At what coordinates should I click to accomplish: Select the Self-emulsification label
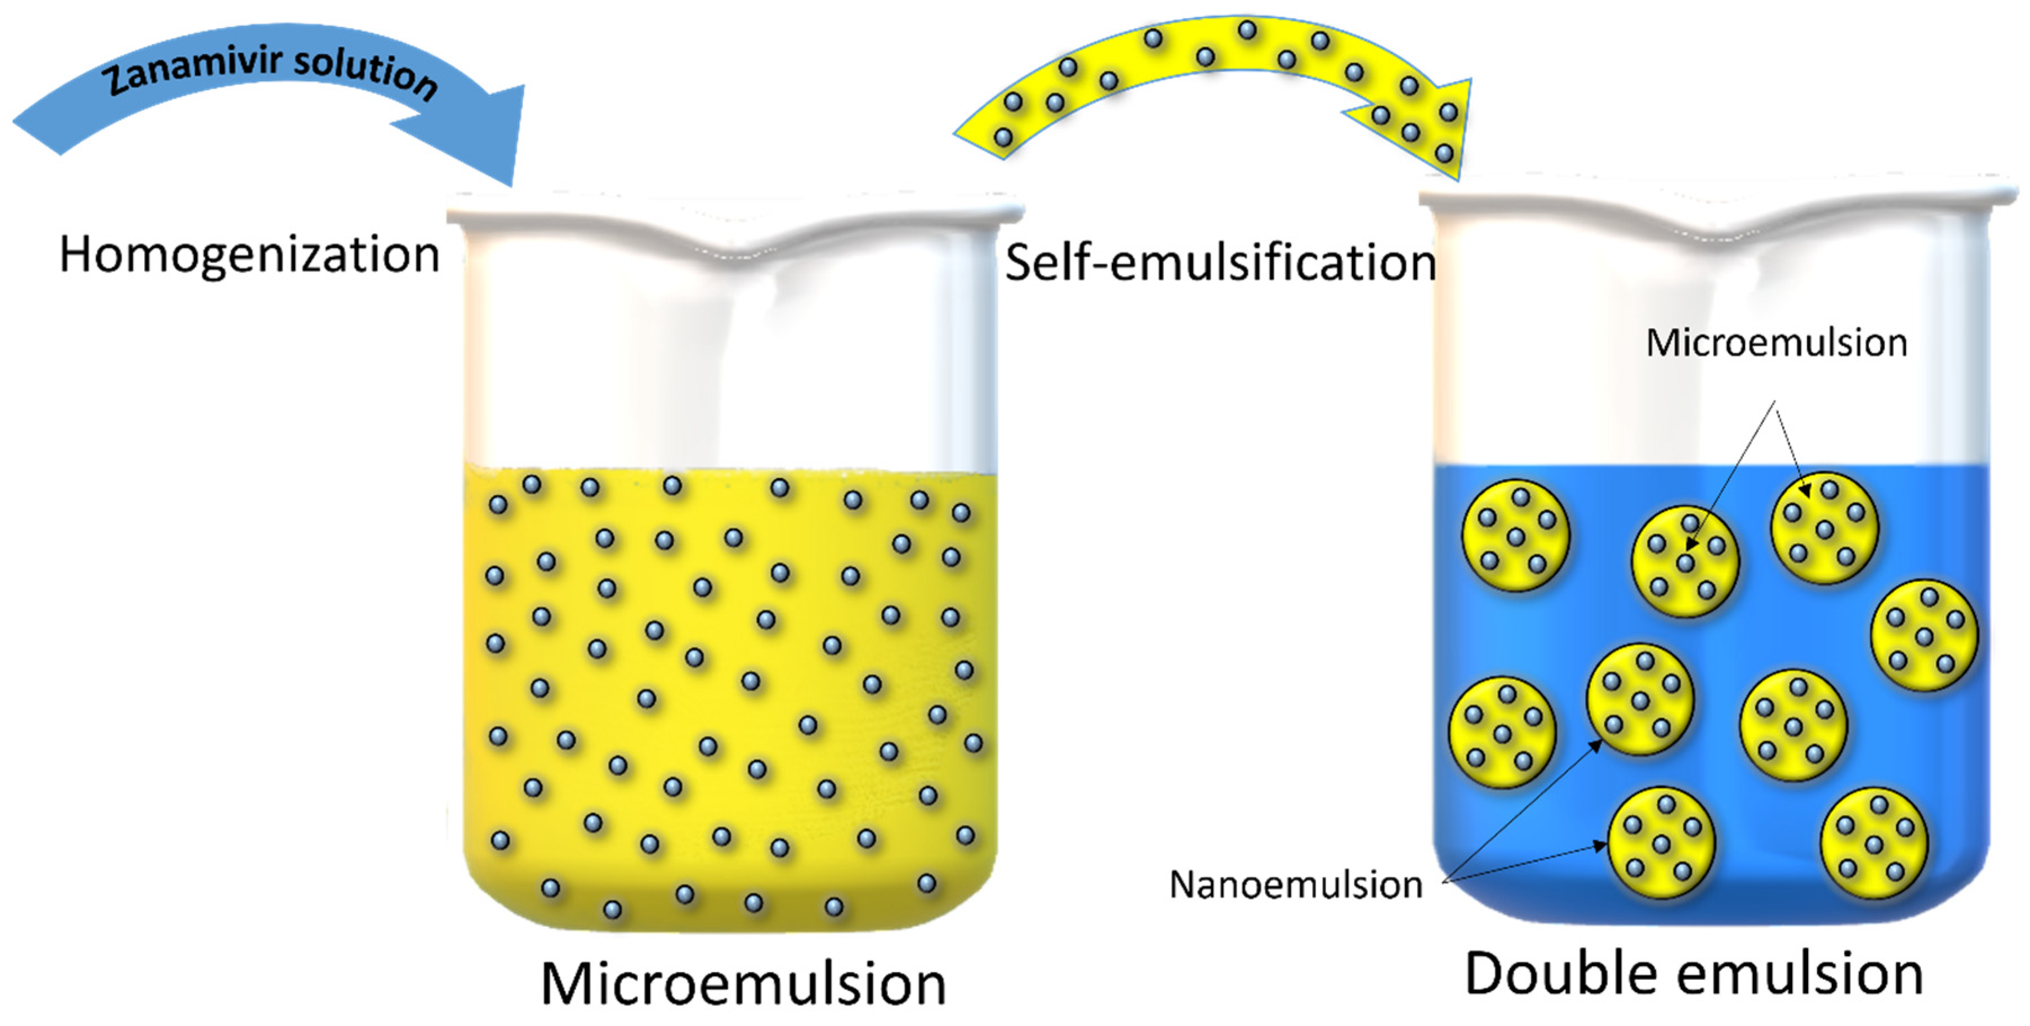tap(1220, 262)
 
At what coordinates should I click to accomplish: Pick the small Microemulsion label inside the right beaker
tap(1776, 343)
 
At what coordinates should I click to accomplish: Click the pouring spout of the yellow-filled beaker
tap(737, 248)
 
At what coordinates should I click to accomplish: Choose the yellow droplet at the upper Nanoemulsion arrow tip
tap(1640, 699)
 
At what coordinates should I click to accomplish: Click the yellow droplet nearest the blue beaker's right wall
tap(1924, 635)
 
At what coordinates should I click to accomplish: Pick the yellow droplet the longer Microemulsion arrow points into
tap(1685, 561)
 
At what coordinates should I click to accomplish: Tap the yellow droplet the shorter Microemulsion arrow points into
tap(1824, 528)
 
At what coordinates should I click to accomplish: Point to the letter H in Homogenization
tap(77, 255)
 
